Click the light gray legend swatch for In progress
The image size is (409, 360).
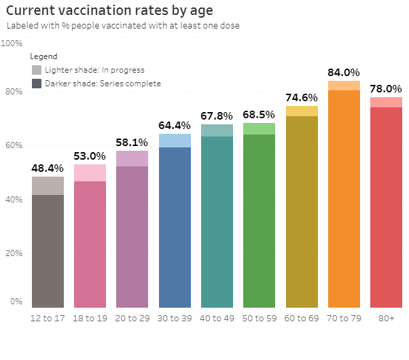pos(37,70)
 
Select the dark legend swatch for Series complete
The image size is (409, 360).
pos(37,84)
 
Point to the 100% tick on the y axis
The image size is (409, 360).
pos(12,43)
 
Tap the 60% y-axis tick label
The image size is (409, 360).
pos(14,145)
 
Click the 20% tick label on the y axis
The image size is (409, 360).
pos(14,253)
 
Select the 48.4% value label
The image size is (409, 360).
pos(48,168)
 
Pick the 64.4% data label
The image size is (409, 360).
pos(175,126)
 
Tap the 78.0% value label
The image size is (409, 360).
pos(386,89)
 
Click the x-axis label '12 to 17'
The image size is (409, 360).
pos(48,318)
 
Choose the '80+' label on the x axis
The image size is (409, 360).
pos(386,318)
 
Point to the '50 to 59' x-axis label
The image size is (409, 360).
pos(259,318)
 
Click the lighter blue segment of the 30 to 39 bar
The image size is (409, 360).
pos(175,141)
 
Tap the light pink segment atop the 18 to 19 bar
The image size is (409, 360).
pos(90,173)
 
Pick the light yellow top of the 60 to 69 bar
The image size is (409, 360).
pos(302,111)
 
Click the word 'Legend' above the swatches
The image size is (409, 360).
pos(44,56)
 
